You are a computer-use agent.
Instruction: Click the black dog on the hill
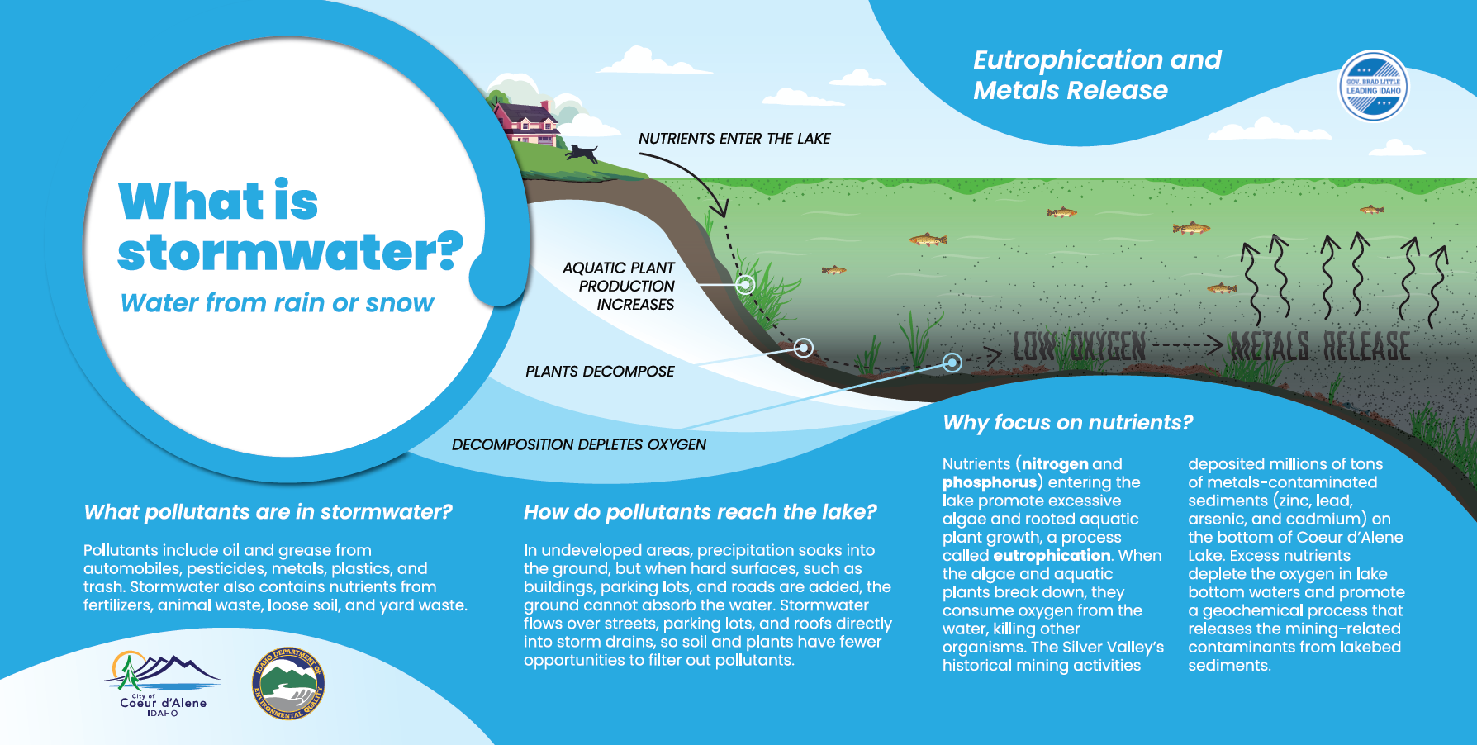582,154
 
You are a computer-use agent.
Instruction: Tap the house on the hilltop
527,122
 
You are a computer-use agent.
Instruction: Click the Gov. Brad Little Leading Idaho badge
1373,86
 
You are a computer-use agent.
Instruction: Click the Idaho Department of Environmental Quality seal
288,683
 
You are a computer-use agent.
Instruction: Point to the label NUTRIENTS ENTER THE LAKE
734,139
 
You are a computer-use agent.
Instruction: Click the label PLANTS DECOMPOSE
600,372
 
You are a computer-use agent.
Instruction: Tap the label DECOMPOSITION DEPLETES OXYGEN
579,444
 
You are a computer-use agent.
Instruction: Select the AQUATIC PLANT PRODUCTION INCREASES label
619,286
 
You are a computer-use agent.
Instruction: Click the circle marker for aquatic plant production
745,284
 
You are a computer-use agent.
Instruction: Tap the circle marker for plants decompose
803,348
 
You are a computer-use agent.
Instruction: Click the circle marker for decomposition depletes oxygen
952,362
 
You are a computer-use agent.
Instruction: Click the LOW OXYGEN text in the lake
1079,346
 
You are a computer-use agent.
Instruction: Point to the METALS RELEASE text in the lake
1319,346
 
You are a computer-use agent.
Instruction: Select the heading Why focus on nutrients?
1068,423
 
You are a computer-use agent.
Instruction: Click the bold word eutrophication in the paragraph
1052,556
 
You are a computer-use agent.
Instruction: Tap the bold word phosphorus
990,482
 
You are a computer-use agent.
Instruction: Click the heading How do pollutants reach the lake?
701,512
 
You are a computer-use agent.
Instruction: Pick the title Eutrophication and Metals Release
1097,74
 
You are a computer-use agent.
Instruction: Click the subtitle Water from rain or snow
277,303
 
